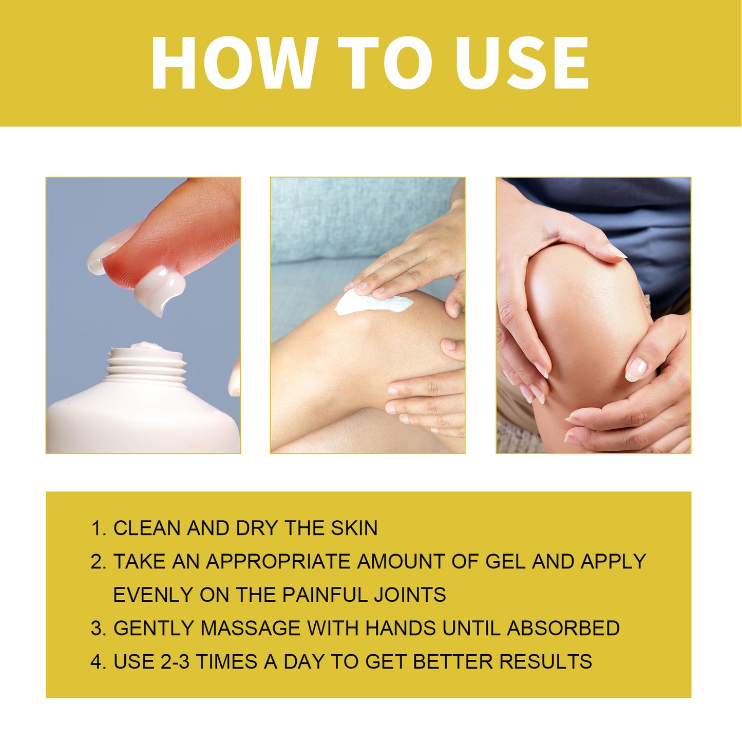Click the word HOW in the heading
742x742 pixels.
[234, 63]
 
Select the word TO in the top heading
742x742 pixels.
[385, 63]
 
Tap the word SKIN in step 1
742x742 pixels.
[354, 528]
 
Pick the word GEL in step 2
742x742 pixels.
[505, 562]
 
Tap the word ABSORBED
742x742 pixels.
[563, 629]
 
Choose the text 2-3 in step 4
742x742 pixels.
[175, 662]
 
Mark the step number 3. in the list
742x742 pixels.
[98, 629]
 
